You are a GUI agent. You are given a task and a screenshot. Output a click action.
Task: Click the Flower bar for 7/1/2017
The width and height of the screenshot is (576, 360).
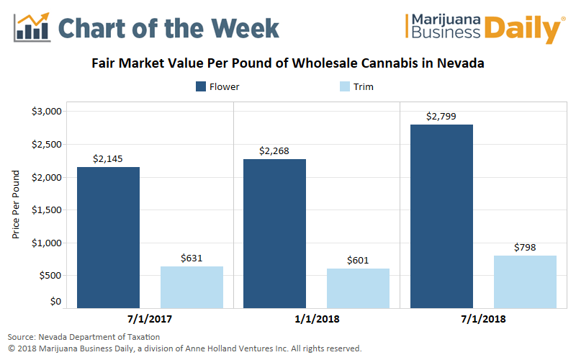(108, 238)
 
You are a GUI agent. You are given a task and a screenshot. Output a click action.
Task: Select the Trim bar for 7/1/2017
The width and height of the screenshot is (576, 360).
(192, 287)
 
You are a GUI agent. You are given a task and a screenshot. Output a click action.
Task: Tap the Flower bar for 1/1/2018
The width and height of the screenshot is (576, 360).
(274, 234)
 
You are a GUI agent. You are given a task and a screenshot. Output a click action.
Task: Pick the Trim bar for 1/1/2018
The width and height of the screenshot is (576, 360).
(358, 288)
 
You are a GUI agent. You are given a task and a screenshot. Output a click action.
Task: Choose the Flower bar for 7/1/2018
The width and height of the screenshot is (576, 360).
(441, 216)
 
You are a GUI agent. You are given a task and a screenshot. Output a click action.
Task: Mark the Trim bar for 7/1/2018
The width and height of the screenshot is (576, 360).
(525, 282)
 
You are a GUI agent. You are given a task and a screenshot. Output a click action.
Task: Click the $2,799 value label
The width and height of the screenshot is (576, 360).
(441, 116)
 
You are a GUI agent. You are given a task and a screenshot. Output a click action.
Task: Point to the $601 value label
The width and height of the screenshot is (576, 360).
(358, 260)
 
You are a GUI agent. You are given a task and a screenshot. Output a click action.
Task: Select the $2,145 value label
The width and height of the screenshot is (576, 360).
(108, 158)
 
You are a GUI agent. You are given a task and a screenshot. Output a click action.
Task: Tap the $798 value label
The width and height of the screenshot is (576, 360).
(525, 247)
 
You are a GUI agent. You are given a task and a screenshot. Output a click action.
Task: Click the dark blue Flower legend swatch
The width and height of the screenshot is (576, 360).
(201, 87)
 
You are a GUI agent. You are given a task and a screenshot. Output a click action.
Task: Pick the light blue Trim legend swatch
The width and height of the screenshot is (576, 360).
(343, 87)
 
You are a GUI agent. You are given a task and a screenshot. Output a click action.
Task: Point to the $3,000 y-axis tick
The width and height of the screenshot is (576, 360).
(45, 112)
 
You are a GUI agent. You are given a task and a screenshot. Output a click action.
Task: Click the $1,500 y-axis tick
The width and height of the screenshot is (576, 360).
(45, 210)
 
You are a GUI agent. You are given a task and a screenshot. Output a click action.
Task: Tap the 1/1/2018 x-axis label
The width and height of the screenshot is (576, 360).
(316, 318)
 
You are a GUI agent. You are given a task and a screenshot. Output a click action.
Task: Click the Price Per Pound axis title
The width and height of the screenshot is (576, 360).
(17, 206)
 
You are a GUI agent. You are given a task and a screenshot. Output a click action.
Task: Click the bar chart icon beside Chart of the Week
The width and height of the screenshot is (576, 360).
(31, 27)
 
